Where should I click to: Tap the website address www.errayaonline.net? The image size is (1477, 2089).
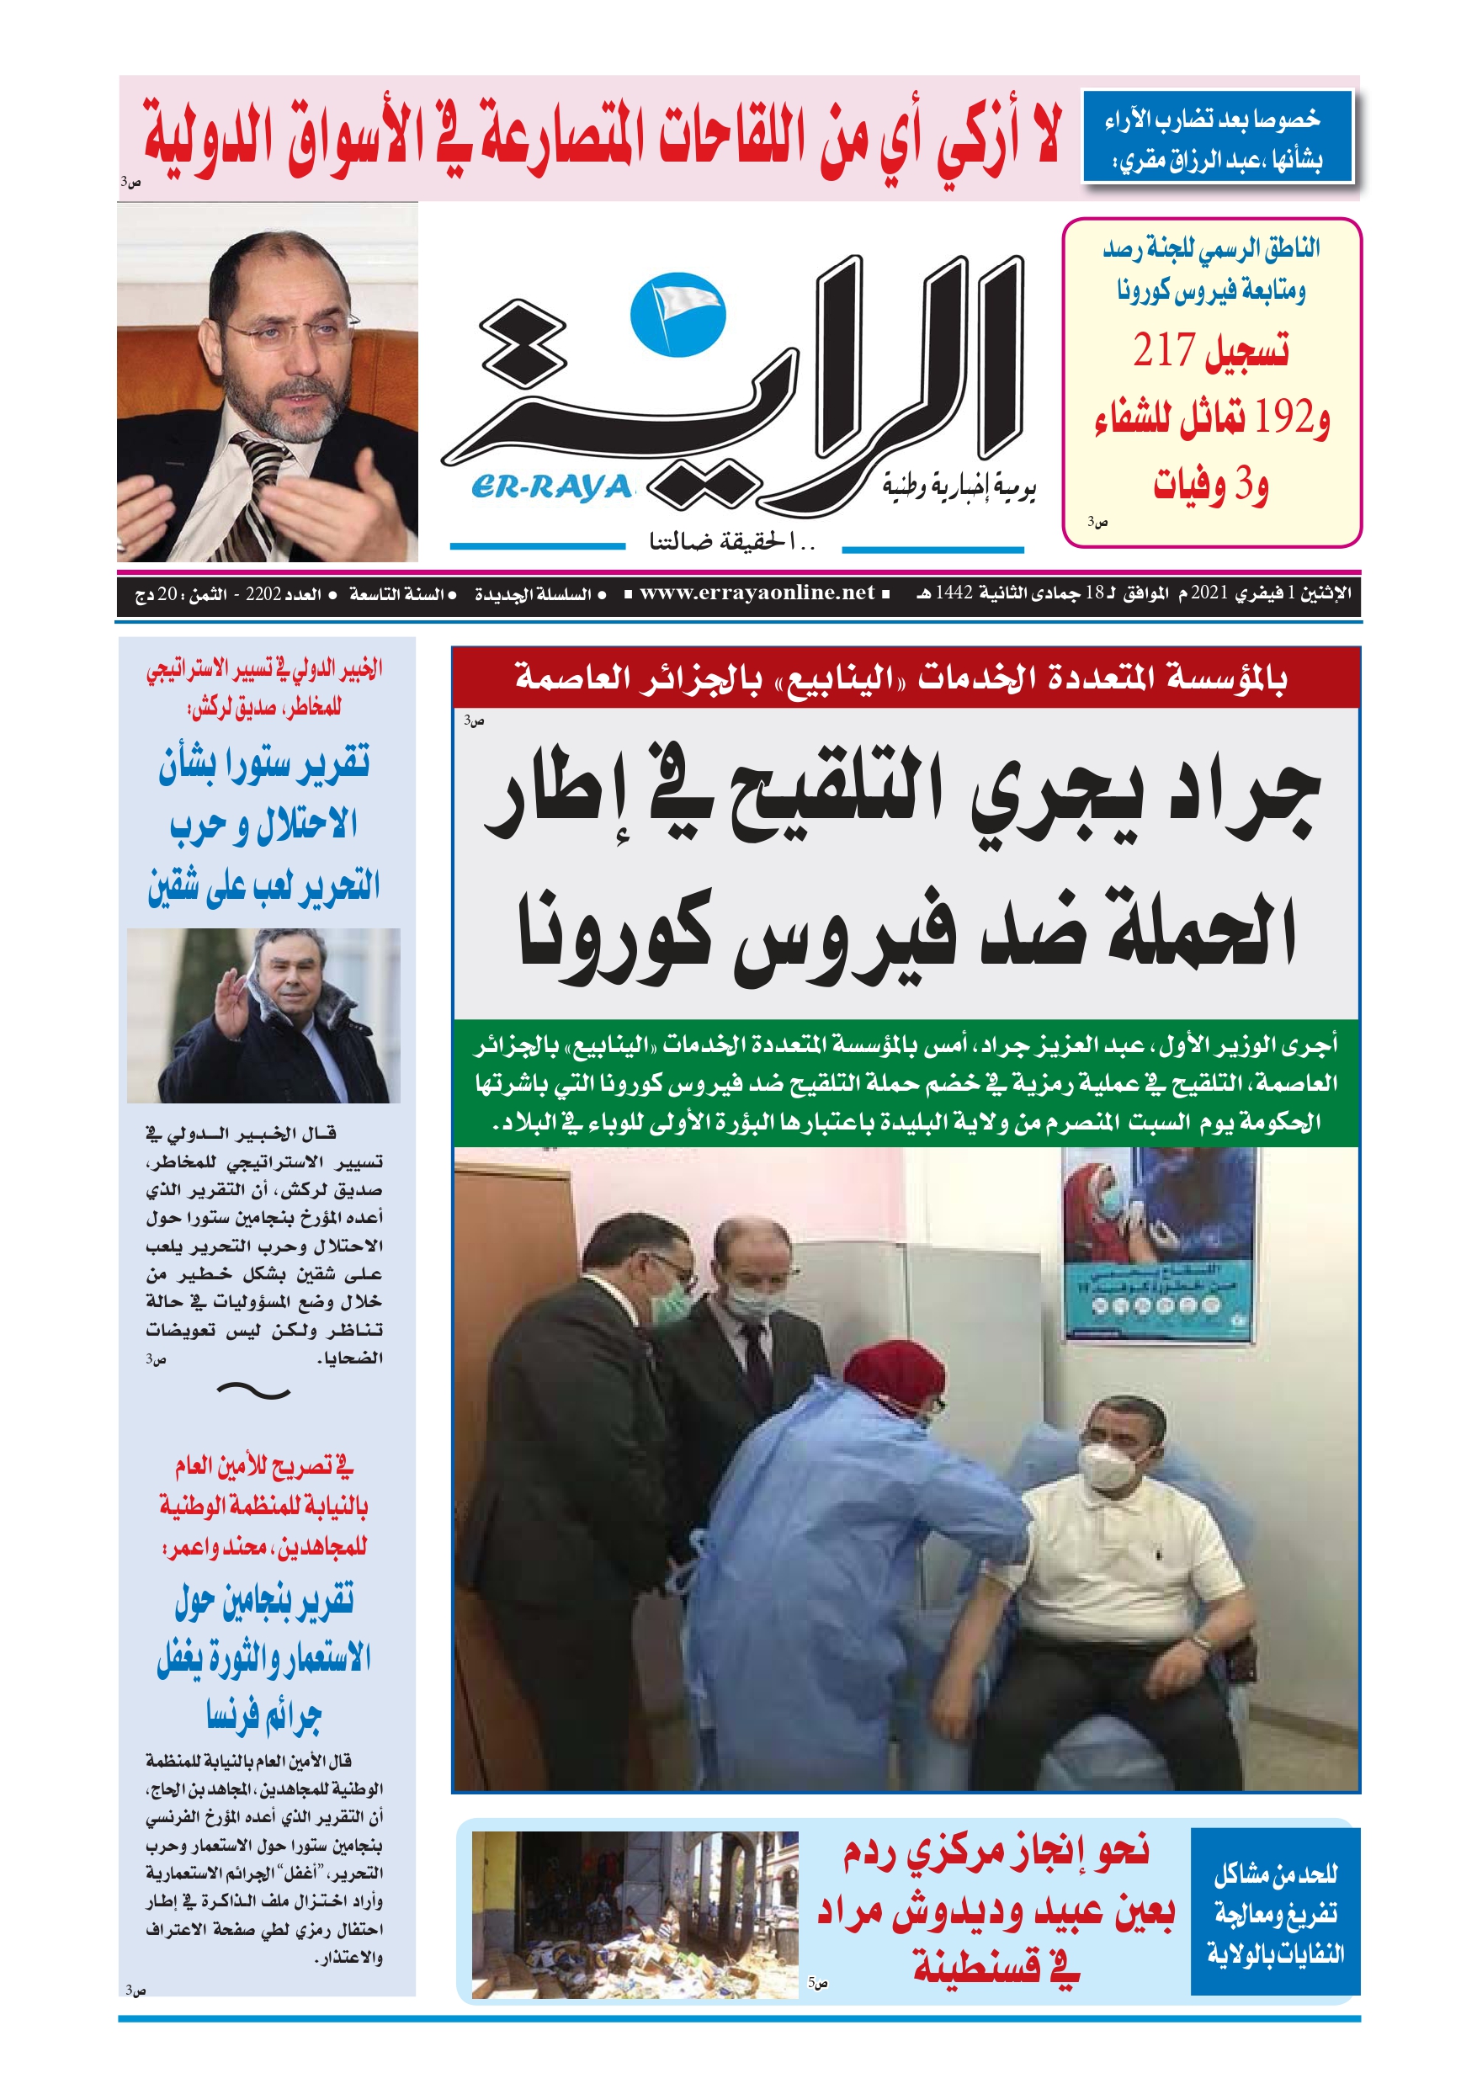click(757, 593)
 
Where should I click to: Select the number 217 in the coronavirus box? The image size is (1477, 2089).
click(1164, 350)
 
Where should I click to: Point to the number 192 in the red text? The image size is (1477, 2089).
click(1284, 419)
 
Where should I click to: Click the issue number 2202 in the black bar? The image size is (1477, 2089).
click(263, 595)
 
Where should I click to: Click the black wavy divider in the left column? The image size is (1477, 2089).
click(254, 1390)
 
